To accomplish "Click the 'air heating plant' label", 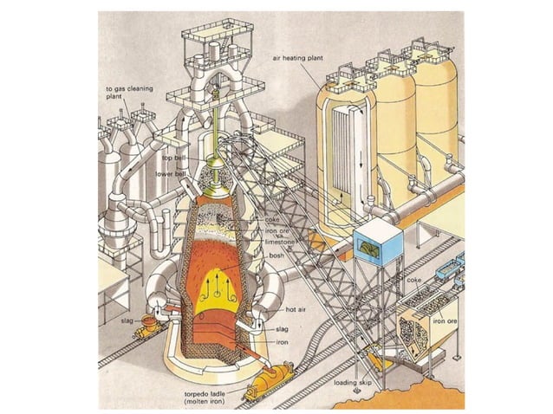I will coord(299,58).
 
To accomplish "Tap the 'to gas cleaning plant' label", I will coord(122,93).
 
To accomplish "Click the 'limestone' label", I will coord(280,243).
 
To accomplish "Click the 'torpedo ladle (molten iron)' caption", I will coord(205,397).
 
